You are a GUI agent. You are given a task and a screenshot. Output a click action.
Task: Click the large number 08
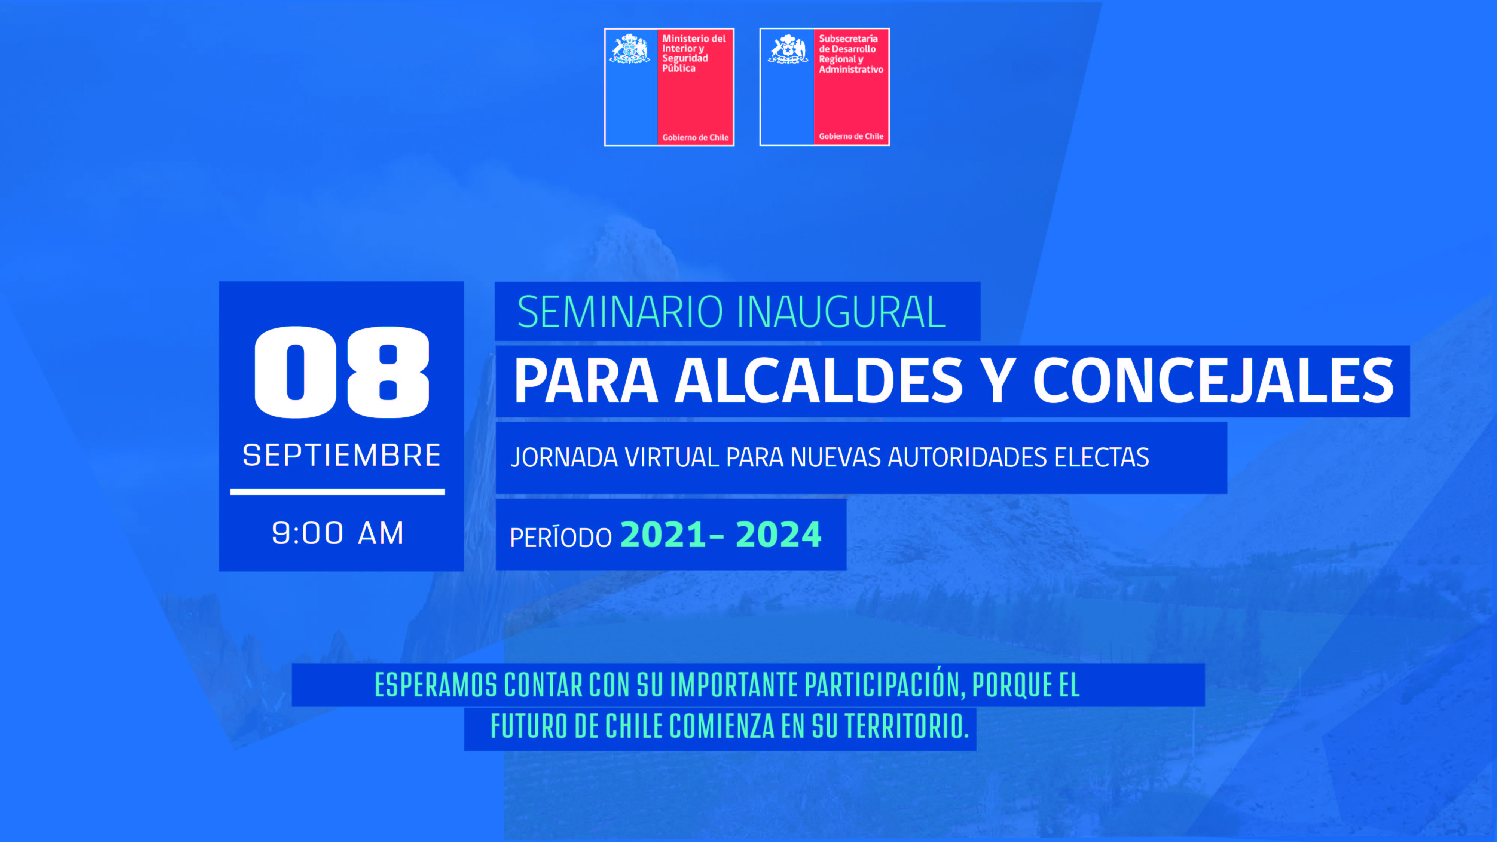point(342,372)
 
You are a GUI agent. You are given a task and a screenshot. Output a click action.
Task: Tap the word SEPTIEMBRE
point(342,455)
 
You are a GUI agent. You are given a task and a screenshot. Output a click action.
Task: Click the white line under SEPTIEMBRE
point(337,492)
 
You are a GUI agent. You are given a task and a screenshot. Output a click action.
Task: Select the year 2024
point(779,535)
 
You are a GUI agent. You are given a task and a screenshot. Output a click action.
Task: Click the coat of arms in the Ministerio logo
point(629,48)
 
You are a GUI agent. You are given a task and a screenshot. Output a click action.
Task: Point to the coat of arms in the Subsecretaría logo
point(788,48)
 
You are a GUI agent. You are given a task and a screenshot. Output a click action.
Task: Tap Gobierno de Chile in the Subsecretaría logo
point(851,137)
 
